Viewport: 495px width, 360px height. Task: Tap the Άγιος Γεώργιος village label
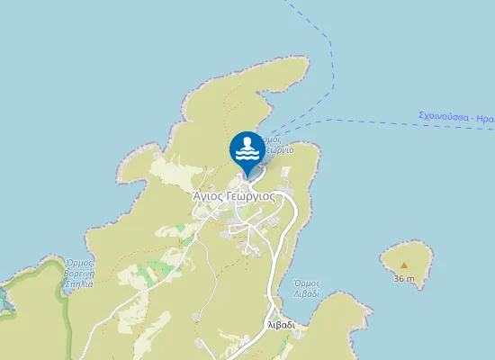pyautogui.click(x=233, y=194)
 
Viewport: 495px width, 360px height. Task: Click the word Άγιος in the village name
pyautogui.click(x=207, y=194)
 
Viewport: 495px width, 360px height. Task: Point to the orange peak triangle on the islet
pyautogui.click(x=404, y=265)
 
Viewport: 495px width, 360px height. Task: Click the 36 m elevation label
pyautogui.click(x=404, y=278)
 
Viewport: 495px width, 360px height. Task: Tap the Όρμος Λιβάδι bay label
pyautogui.click(x=306, y=288)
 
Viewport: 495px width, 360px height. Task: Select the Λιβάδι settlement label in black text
pyautogui.click(x=281, y=324)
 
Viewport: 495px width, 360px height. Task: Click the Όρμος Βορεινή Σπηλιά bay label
pyautogui.click(x=78, y=273)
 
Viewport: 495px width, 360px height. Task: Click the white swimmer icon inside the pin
pyautogui.click(x=247, y=143)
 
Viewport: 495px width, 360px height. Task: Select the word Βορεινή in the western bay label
pyautogui.click(x=78, y=273)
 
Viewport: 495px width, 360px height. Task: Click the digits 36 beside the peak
pyautogui.click(x=399, y=278)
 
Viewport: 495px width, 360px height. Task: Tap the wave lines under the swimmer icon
pyautogui.click(x=247, y=153)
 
